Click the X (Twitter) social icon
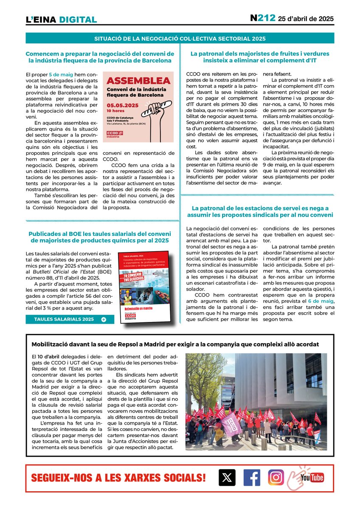[227, 478]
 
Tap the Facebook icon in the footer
[252, 478]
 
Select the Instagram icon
[276, 477]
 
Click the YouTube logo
[312, 478]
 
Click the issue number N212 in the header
[262, 18]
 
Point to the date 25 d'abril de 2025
[306, 19]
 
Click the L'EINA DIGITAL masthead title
[61, 20]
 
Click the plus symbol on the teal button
[104, 319]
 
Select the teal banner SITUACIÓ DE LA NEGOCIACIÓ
[180, 39]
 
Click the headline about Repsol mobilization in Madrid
[175, 344]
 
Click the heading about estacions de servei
[260, 211]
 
